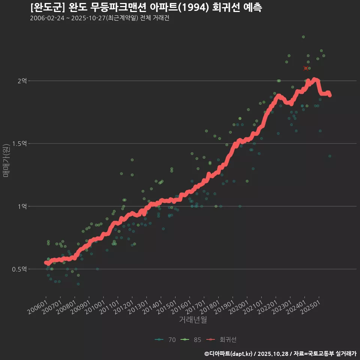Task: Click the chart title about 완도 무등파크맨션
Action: click(x=146, y=7)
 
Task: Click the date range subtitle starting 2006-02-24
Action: click(x=99, y=18)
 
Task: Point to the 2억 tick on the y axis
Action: click(x=22, y=81)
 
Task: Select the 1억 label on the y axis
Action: click(x=22, y=206)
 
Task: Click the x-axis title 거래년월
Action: click(x=193, y=319)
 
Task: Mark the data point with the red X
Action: click(x=306, y=68)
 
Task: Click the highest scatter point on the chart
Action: click(x=303, y=37)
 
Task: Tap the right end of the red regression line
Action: click(x=330, y=95)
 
